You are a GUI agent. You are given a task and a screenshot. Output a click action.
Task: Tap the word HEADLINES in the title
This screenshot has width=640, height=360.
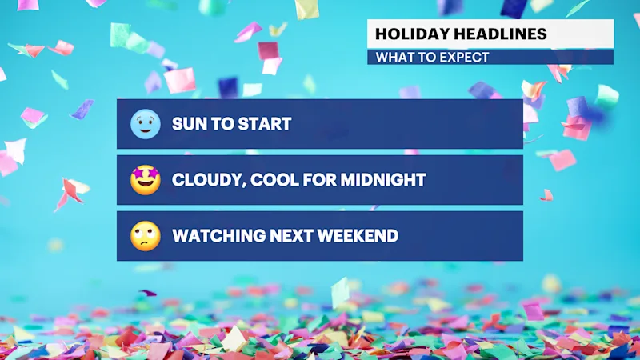[501, 34]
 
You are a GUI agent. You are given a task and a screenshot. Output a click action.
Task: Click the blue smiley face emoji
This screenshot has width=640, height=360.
[146, 124]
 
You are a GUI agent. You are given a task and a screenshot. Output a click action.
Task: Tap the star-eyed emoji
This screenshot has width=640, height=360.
[146, 180]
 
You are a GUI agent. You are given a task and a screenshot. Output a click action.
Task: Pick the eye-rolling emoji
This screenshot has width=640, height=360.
[146, 236]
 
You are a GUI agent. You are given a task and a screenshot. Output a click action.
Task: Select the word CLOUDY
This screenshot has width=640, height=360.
[208, 180]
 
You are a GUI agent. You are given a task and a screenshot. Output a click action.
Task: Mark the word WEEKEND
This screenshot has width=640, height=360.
[358, 236]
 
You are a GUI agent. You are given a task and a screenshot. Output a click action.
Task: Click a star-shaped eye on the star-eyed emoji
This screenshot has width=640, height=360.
[138, 174]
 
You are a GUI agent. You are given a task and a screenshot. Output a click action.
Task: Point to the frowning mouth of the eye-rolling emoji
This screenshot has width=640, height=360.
[146, 244]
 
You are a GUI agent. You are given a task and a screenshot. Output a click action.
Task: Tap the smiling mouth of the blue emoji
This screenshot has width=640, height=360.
[146, 131]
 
